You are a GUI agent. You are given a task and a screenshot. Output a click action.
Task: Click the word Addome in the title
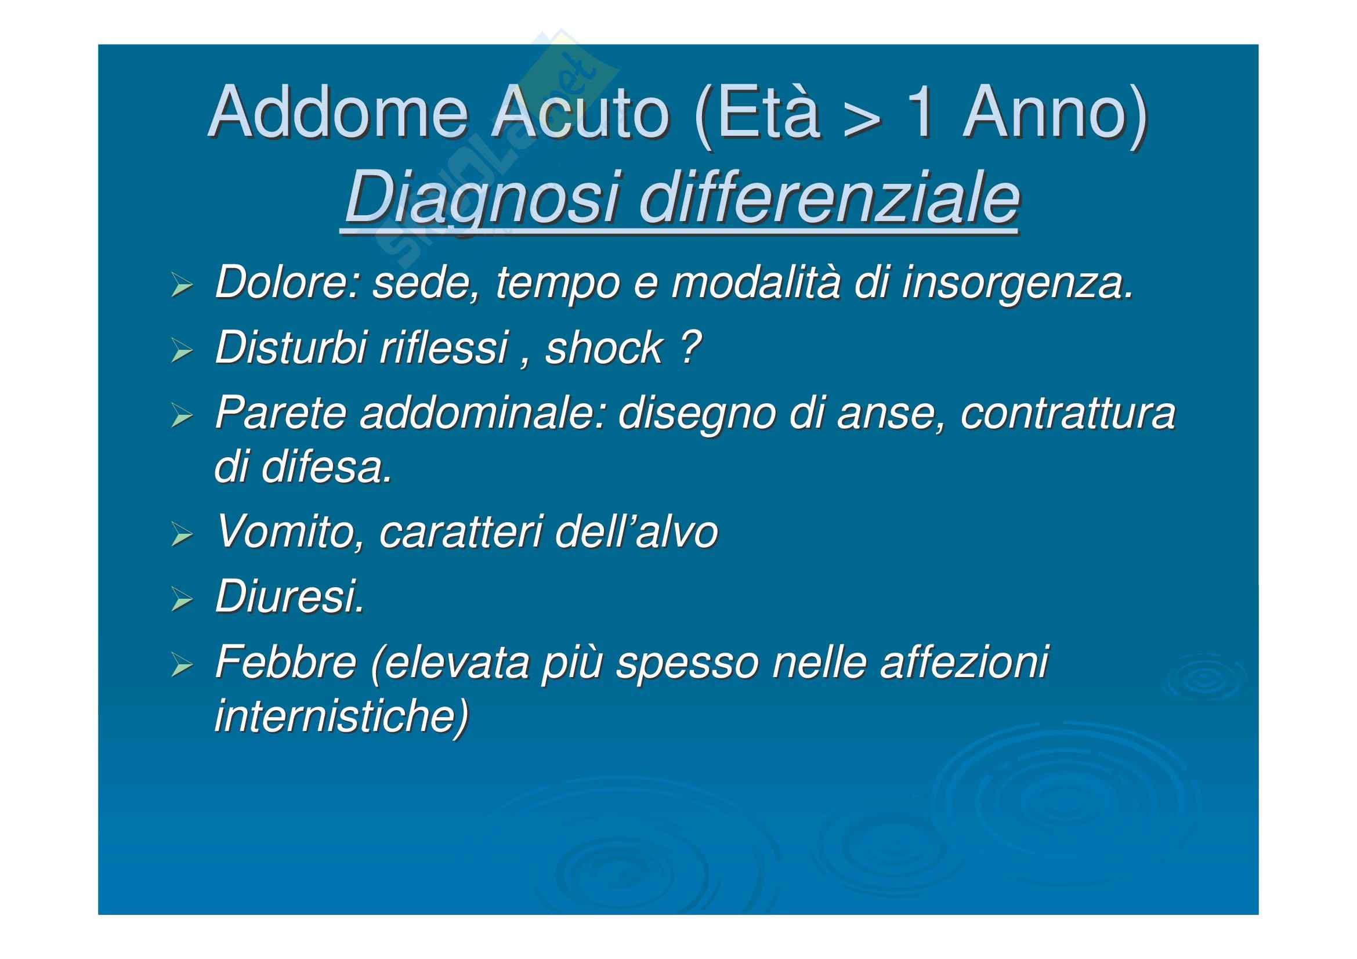click(339, 113)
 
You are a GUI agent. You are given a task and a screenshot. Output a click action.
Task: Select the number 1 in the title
click(920, 113)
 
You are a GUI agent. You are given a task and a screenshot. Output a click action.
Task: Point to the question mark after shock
click(690, 347)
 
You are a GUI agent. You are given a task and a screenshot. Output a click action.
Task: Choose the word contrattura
click(1068, 413)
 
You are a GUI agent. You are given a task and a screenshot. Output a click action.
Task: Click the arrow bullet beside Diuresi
click(182, 599)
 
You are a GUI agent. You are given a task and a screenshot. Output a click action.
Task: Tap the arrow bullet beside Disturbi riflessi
click(182, 350)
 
